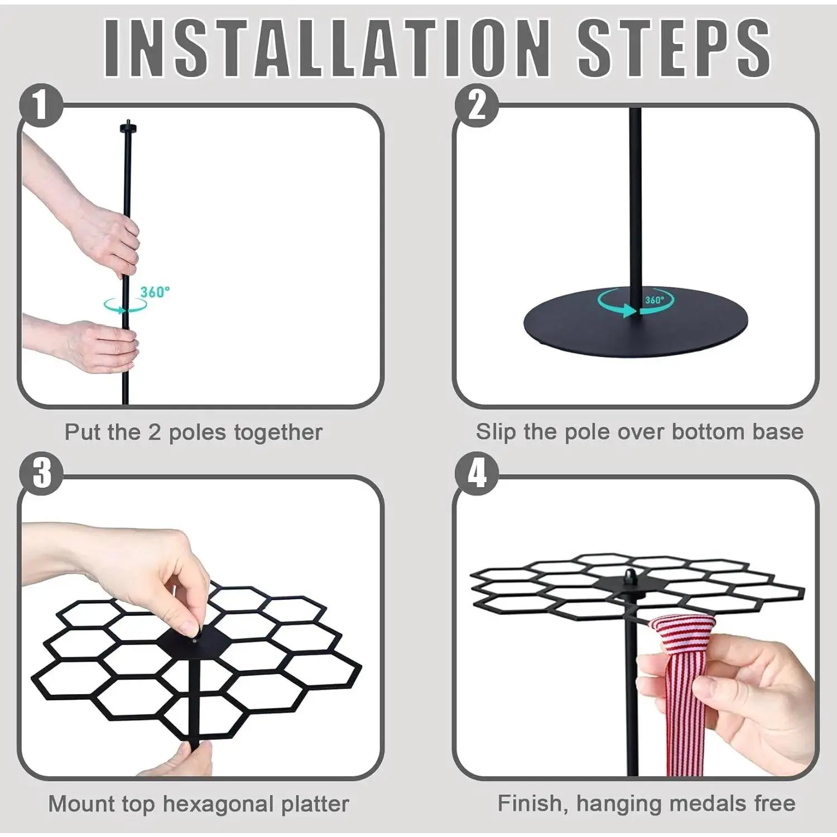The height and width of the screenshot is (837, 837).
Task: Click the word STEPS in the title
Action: [x=674, y=48]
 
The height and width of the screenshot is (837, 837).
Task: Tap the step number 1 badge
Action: [x=41, y=105]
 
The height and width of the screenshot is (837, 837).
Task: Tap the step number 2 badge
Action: [x=476, y=105]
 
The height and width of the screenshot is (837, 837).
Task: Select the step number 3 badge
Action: [x=41, y=473]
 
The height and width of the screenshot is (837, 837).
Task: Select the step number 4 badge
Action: [x=476, y=473]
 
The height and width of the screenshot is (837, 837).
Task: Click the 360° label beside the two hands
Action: [x=155, y=292]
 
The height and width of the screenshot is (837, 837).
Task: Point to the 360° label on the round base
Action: [x=655, y=300]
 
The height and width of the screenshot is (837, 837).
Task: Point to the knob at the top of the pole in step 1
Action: [x=128, y=128]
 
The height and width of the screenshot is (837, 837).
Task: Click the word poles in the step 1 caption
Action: [x=198, y=432]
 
